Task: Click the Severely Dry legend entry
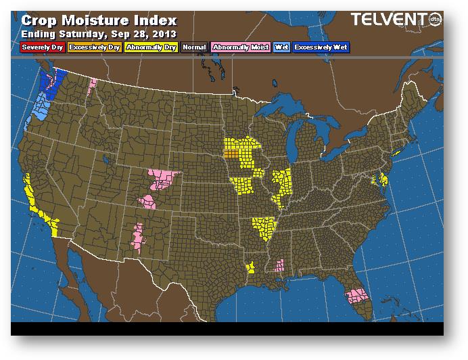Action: point(43,47)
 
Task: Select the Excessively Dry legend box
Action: point(94,47)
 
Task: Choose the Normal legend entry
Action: point(195,47)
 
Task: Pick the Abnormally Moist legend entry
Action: point(240,47)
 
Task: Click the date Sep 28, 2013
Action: point(145,33)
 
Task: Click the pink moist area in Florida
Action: point(356,296)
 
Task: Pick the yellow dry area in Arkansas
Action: point(264,229)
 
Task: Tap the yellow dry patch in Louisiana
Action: point(250,268)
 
